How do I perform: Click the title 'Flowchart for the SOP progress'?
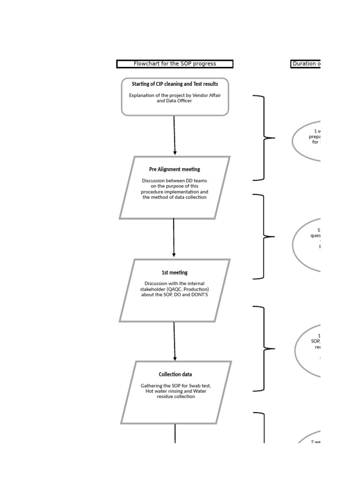(175, 64)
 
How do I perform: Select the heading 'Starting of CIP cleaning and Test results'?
(175, 84)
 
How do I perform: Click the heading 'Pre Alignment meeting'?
(174, 169)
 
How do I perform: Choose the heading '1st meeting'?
(174, 272)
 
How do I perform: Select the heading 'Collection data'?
(175, 375)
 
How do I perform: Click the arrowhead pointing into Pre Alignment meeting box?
(175, 153)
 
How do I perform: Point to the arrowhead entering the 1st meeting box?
(174, 255)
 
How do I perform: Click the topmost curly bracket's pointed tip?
(273, 138)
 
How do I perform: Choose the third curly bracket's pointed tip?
(273, 349)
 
